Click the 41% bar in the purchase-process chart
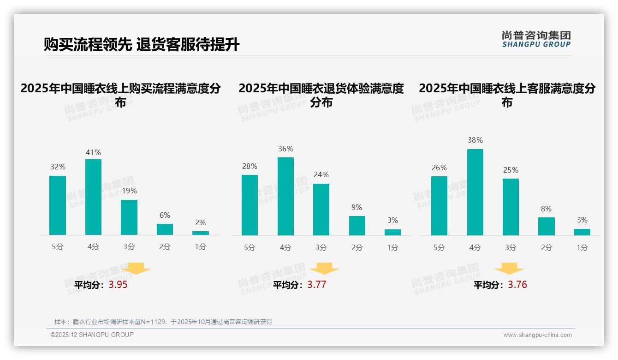point(93,197)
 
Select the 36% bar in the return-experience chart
point(285,196)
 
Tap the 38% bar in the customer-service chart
point(475,192)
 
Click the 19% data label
point(129,191)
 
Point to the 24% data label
point(321,174)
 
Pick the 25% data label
point(511,170)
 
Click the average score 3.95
point(118,285)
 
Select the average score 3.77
point(317,285)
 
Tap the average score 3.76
point(517,285)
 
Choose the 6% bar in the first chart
point(165,229)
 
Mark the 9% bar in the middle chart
point(357,226)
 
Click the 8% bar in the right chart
point(547,226)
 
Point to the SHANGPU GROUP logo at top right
point(536,39)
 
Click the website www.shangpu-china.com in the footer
point(537,335)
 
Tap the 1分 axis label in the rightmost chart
point(582,248)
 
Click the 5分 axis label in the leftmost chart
point(58,247)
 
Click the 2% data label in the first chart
point(201,222)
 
